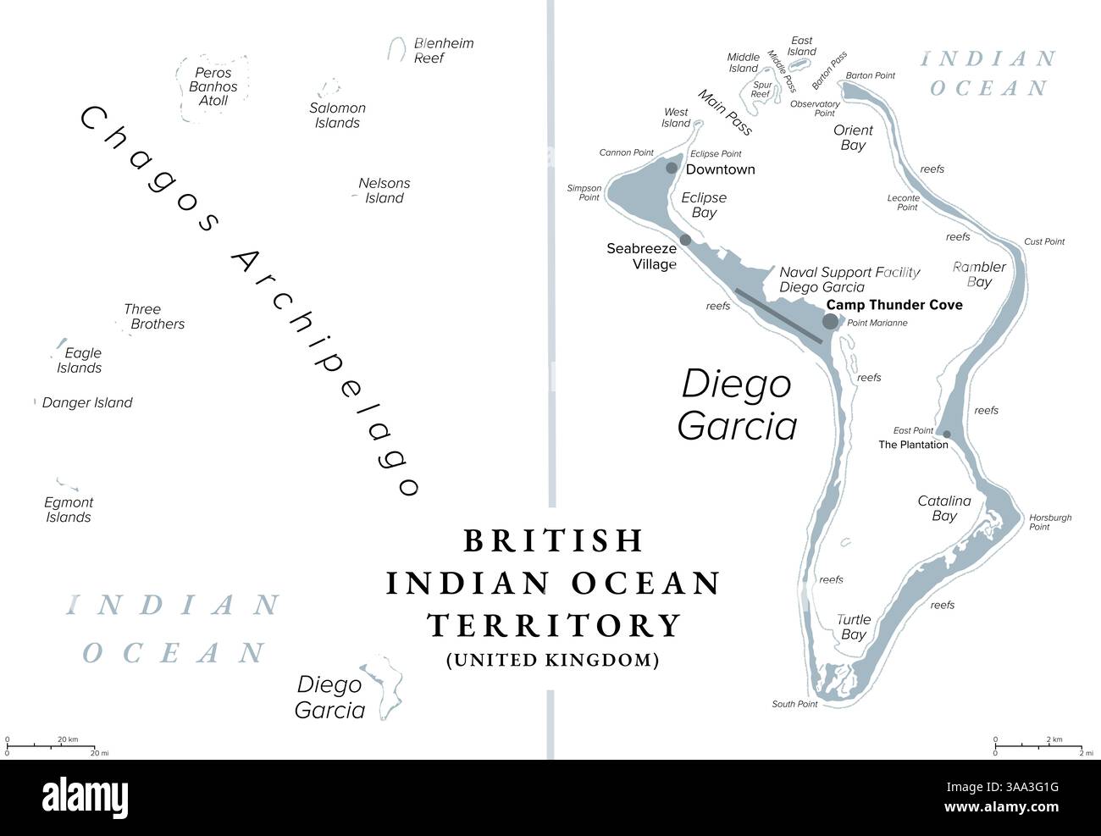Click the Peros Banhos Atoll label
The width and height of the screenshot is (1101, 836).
pos(213,86)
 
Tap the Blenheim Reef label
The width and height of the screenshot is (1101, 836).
pos(443,51)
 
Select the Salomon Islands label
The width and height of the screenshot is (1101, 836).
pos(337,115)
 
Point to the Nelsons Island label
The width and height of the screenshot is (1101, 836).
pos(384,191)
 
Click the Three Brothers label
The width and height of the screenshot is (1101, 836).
pos(153,317)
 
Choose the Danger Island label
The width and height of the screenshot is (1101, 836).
pos(87,403)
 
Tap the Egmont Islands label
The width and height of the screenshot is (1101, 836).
pos(69,510)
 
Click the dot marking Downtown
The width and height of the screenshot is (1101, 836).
pos(672,168)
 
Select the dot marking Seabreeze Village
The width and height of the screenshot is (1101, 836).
pos(685,241)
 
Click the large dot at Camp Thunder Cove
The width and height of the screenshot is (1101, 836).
pos(830,321)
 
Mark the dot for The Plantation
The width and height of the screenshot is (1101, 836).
pos(947,435)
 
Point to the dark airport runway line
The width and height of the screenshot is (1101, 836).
pos(777,316)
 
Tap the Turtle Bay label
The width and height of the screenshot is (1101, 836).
pos(853,627)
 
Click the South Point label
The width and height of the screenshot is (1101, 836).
pos(794,704)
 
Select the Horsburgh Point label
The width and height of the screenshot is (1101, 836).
pos(1050,522)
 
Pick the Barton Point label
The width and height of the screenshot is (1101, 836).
pos(871,75)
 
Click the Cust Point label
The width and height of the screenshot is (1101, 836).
pos(1044,241)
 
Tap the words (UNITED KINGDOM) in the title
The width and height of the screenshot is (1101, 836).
pos(552,660)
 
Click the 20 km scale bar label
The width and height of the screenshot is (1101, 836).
pos(68,739)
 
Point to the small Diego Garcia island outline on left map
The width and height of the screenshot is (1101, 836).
pos(386,686)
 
